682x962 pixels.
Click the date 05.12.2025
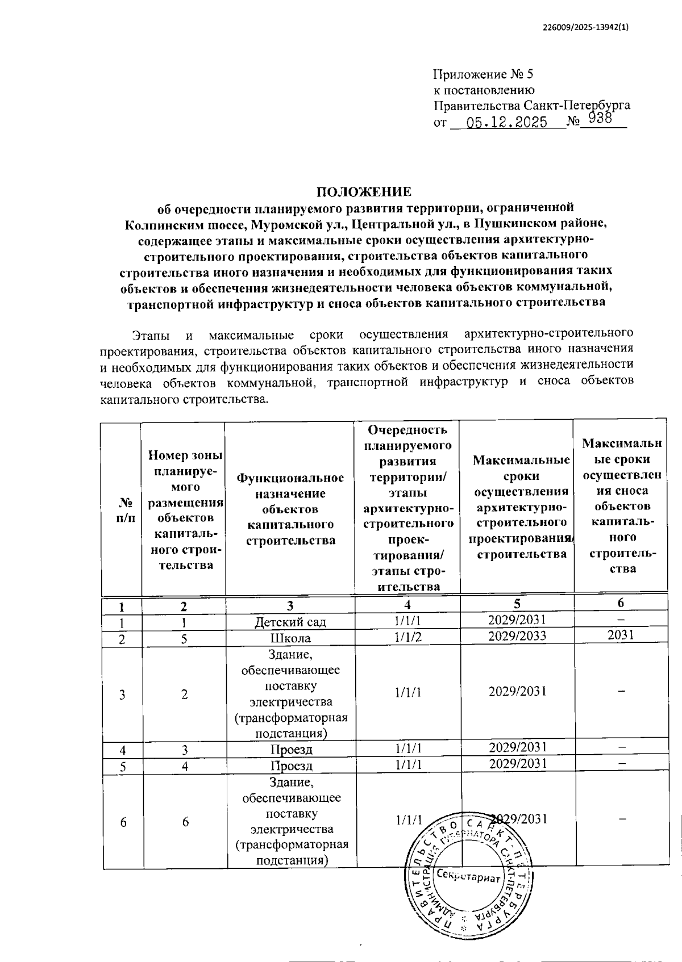click(506, 122)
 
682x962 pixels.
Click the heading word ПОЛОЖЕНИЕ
click(364, 191)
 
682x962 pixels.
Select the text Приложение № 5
click(483, 74)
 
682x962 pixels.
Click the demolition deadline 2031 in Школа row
click(620, 635)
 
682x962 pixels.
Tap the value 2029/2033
click(517, 635)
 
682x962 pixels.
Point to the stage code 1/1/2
click(408, 637)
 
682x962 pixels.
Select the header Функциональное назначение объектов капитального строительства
click(290, 509)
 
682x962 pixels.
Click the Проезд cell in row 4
click(291, 750)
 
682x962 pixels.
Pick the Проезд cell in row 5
click(291, 766)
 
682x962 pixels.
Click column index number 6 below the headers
click(620, 603)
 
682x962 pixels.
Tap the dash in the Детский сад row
click(621, 620)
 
